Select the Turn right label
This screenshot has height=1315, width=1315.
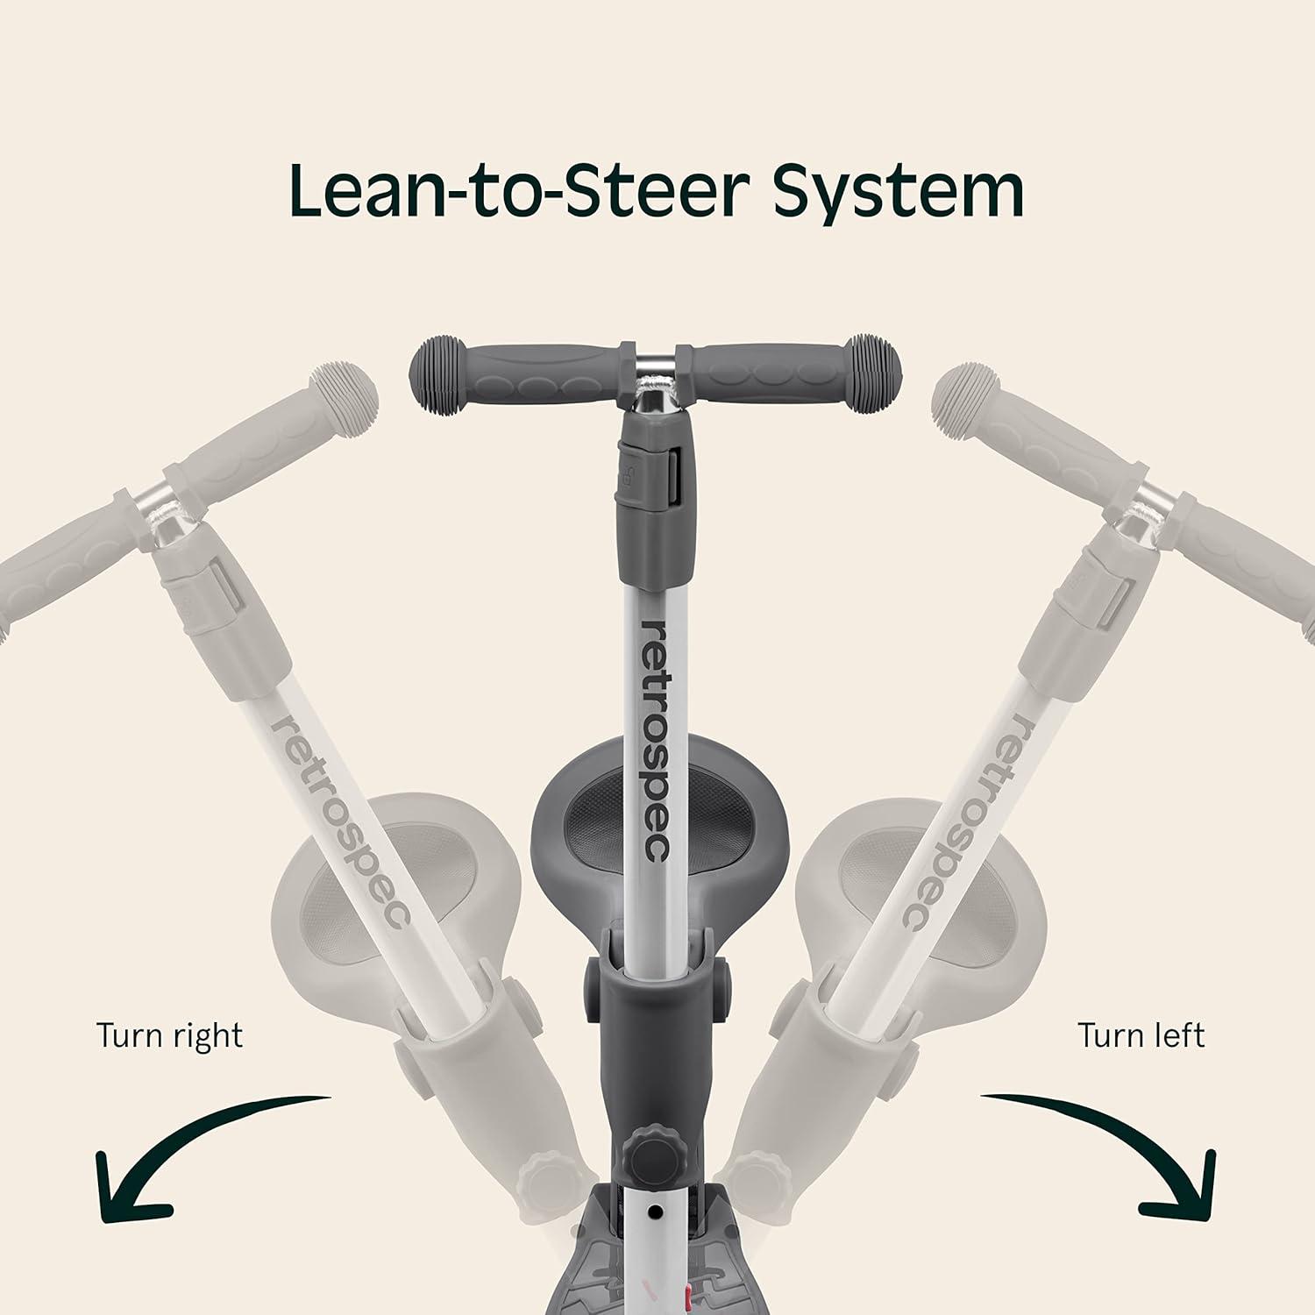169,1036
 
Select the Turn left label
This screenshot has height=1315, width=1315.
1141,1035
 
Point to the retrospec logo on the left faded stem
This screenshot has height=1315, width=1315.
340,820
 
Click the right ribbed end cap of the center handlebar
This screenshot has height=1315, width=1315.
877,363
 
